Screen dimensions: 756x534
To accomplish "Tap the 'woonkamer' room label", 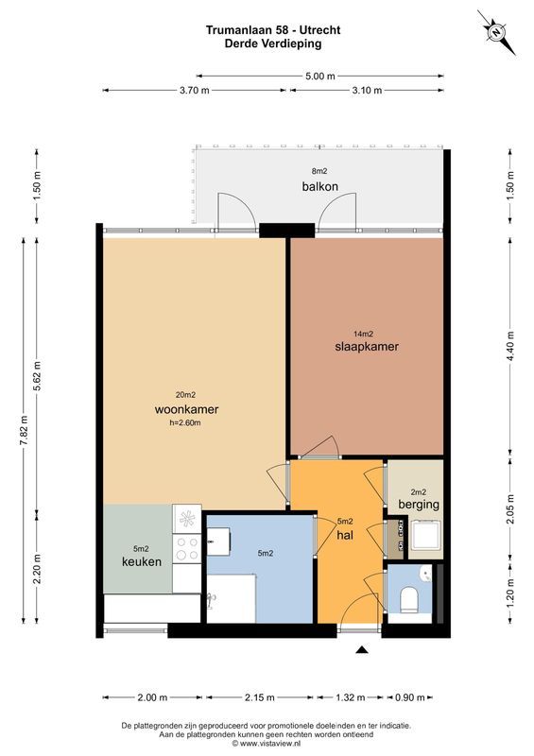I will pos(186,409).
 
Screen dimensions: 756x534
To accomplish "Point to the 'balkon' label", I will pos(320,186).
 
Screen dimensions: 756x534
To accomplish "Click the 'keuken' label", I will pos(141,561).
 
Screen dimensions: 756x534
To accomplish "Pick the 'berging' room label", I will pos(418,505).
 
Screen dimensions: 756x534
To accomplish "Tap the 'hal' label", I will pos(344,534).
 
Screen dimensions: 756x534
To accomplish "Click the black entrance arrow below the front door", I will pos(360,649).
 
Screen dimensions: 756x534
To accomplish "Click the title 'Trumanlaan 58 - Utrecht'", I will pos(273,30).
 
